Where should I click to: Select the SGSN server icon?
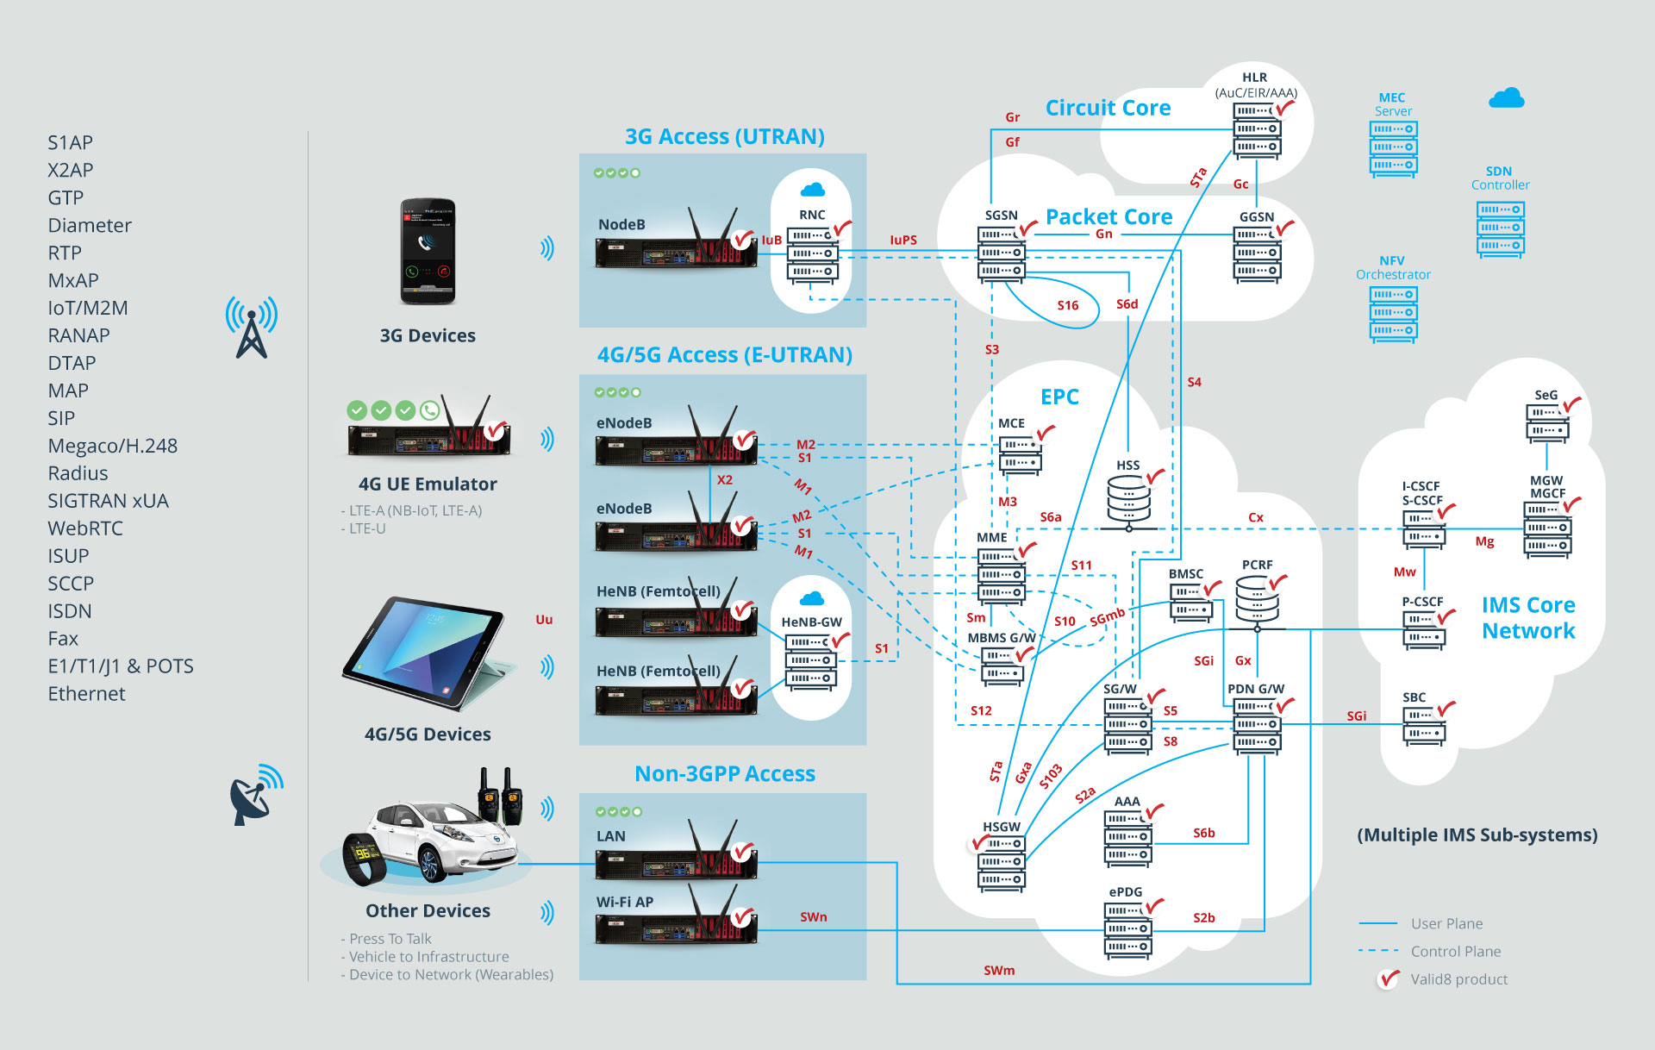(x=1001, y=253)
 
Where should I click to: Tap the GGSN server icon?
(x=1257, y=253)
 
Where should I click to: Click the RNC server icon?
(x=812, y=253)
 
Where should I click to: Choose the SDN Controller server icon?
(x=1500, y=228)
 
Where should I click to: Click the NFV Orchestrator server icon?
(x=1393, y=313)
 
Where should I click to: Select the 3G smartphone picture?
(x=428, y=251)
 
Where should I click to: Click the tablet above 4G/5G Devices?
(x=427, y=653)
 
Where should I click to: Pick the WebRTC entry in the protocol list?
(x=85, y=528)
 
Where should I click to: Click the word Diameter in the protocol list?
(x=90, y=226)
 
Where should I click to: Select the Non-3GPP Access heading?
(x=724, y=774)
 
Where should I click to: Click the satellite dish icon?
(x=253, y=795)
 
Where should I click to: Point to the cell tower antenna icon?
(x=251, y=328)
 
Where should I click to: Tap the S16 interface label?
(x=1067, y=305)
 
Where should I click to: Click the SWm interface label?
(x=999, y=971)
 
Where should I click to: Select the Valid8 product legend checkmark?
(x=1388, y=979)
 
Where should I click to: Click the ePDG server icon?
(x=1127, y=929)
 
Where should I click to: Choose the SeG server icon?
(x=1547, y=422)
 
